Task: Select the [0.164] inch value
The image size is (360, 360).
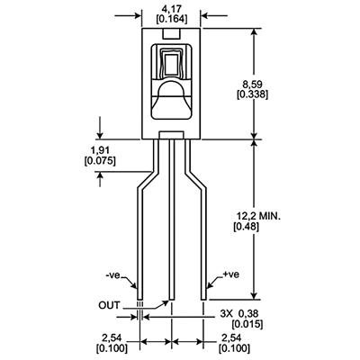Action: tap(172, 20)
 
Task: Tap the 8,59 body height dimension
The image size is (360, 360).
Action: tap(252, 84)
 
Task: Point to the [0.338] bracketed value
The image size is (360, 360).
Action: tap(252, 94)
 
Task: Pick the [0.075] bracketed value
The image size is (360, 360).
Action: tap(100, 160)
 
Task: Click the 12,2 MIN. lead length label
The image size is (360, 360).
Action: tap(258, 216)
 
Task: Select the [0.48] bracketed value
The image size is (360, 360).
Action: tap(247, 227)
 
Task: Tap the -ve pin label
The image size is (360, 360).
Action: tap(113, 275)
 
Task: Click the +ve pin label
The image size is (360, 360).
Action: tap(231, 274)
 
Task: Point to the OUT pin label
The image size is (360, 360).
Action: tap(109, 305)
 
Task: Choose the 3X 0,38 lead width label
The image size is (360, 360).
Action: tap(239, 314)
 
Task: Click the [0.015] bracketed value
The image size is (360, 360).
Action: tap(247, 324)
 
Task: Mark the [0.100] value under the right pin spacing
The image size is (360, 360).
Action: tap(234, 348)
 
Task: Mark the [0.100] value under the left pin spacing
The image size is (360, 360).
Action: tap(112, 348)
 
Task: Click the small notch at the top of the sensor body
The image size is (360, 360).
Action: tap(172, 33)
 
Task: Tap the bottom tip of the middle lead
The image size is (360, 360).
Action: tap(172, 300)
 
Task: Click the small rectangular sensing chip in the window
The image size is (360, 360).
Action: tap(172, 63)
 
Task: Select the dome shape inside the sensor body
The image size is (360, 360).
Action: tap(172, 89)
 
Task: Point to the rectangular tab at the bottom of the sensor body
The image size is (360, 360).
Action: tap(171, 135)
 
